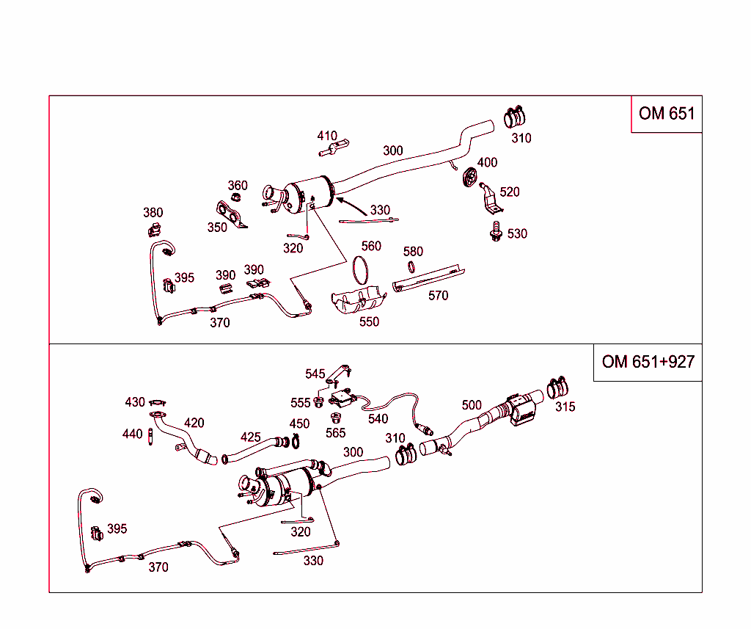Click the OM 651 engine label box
coord(666,114)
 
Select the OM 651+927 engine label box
coord(648,362)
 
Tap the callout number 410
coord(327,136)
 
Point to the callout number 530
coord(517,233)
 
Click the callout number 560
coord(371,246)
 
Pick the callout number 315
coord(565,407)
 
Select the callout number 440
coord(132,435)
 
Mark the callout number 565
coord(335,433)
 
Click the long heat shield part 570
coord(429,278)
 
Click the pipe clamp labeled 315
coord(559,387)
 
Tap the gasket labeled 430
coord(158,402)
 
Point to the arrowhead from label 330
coord(338,198)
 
